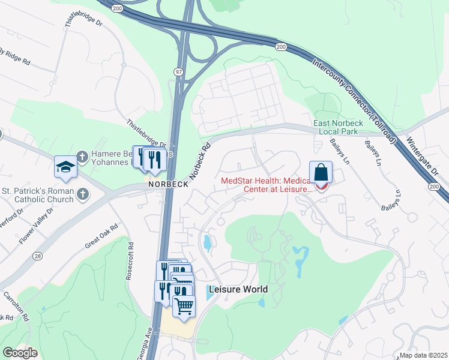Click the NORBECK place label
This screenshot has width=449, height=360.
tap(168, 184)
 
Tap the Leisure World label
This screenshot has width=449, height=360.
tap(238, 289)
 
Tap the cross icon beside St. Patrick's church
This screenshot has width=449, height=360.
tap(83, 194)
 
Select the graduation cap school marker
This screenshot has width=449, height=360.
tap(65, 167)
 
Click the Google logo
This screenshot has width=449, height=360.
tap(20, 353)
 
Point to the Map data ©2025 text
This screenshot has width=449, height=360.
tap(423, 355)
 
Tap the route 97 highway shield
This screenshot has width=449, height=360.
tap(179, 72)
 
